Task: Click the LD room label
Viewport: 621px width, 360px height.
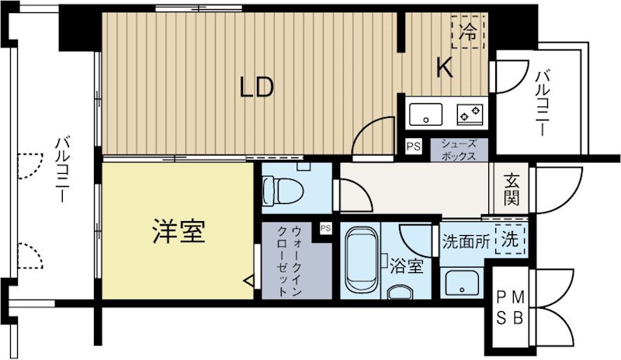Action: click(255, 88)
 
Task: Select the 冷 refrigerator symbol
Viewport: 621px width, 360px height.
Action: click(468, 33)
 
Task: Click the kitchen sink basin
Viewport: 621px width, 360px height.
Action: click(426, 115)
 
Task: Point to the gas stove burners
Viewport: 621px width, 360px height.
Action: click(469, 115)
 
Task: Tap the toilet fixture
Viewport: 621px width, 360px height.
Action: click(276, 189)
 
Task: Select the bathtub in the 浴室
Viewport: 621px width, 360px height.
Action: click(359, 260)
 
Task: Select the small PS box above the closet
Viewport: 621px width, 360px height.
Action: click(325, 228)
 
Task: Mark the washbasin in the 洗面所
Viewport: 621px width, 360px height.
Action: click(461, 284)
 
